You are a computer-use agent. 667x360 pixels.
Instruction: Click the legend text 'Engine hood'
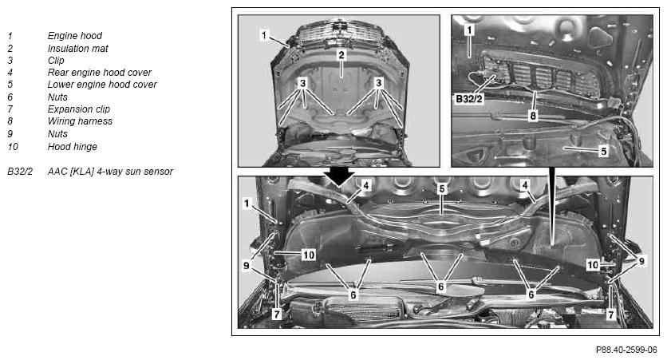(x=75, y=36)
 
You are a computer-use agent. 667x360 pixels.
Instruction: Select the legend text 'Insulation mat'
(x=78, y=49)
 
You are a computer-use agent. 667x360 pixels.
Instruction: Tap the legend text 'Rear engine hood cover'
(x=100, y=73)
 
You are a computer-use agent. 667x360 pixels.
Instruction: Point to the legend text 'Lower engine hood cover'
(x=102, y=85)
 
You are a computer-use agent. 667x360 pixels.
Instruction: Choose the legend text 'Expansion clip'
(x=79, y=109)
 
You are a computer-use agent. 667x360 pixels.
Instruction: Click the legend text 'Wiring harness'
(x=80, y=121)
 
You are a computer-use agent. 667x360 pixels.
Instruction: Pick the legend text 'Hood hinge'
(x=73, y=147)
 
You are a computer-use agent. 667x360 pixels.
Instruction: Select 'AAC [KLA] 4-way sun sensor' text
(x=110, y=172)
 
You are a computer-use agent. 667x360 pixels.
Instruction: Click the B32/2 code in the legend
(x=20, y=172)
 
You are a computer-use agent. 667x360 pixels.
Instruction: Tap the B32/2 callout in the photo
(x=469, y=99)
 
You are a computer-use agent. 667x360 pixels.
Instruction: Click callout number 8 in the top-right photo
(x=533, y=115)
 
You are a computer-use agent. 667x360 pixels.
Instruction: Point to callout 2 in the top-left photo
(x=341, y=55)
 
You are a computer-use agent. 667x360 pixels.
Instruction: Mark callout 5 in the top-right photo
(x=604, y=151)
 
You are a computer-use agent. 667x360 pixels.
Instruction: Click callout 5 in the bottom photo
(x=442, y=188)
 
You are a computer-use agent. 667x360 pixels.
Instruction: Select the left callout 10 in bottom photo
(x=309, y=255)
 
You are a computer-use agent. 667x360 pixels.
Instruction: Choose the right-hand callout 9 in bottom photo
(x=641, y=261)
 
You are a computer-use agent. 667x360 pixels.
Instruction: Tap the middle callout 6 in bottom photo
(x=441, y=287)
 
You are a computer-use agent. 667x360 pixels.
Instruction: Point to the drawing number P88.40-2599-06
(x=626, y=350)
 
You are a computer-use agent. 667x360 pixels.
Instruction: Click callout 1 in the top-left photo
(x=264, y=35)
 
